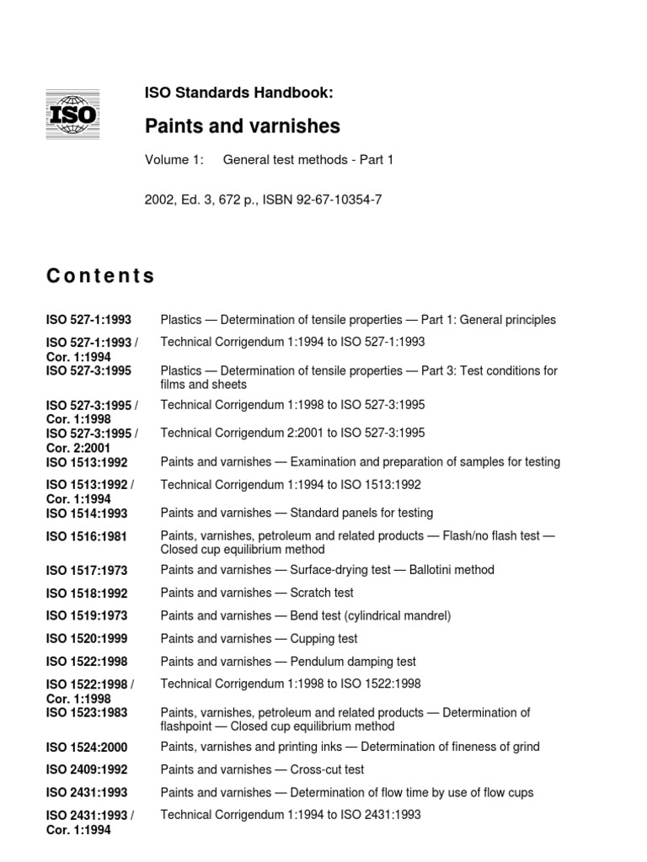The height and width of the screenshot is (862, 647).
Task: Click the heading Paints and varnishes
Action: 243,126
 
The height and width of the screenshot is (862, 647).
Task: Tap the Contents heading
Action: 100,276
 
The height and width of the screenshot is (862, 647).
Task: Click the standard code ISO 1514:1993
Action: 88,513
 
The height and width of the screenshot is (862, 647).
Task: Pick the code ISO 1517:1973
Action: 88,571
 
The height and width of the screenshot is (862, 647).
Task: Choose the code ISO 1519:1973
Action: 88,616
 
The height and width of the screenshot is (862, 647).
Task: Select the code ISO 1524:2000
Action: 88,748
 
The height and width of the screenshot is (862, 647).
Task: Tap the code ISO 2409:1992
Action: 88,770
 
